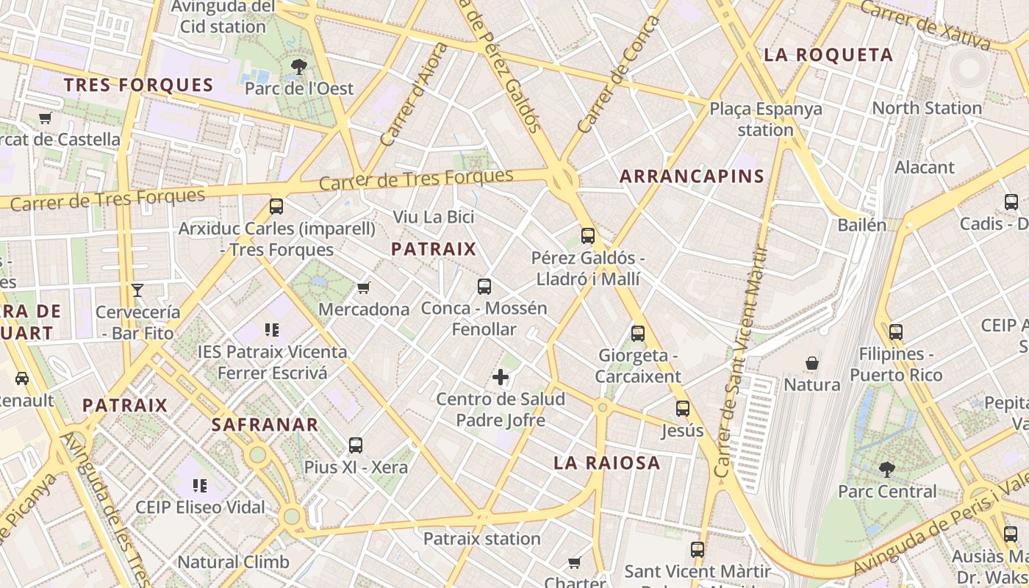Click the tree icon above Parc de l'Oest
pyautogui.click(x=299, y=67)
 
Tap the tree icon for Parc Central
pyautogui.click(x=887, y=469)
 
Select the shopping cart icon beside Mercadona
pyautogui.click(x=364, y=287)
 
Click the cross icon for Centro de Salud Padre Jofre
pyautogui.click(x=501, y=378)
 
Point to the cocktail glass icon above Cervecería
pyautogui.click(x=137, y=290)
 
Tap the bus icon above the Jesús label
pyautogui.click(x=683, y=409)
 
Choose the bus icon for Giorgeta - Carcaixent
pyautogui.click(x=638, y=334)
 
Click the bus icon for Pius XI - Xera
pyautogui.click(x=356, y=445)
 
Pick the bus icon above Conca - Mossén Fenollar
pyautogui.click(x=484, y=287)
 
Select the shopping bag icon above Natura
pyautogui.click(x=812, y=363)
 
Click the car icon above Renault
pyautogui.click(x=22, y=379)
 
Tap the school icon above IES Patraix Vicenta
pyautogui.click(x=273, y=330)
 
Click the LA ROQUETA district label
pyautogui.click(x=828, y=55)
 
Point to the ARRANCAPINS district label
pyautogui.click(x=692, y=176)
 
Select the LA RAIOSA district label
pyautogui.click(x=606, y=463)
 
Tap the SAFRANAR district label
pyautogui.click(x=265, y=425)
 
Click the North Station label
pyautogui.click(x=926, y=108)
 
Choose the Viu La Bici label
pyautogui.click(x=434, y=218)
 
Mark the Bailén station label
pyautogui.click(x=862, y=225)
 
